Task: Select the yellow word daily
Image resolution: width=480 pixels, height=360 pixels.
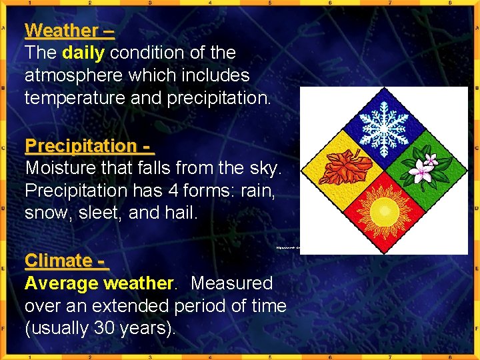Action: (x=83, y=53)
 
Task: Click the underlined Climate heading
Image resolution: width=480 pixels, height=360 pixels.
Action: (x=58, y=261)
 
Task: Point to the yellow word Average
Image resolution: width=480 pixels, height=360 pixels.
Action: (x=61, y=283)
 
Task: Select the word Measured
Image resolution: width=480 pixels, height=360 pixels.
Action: (x=231, y=283)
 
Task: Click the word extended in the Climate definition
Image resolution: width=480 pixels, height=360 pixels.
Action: (x=133, y=306)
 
